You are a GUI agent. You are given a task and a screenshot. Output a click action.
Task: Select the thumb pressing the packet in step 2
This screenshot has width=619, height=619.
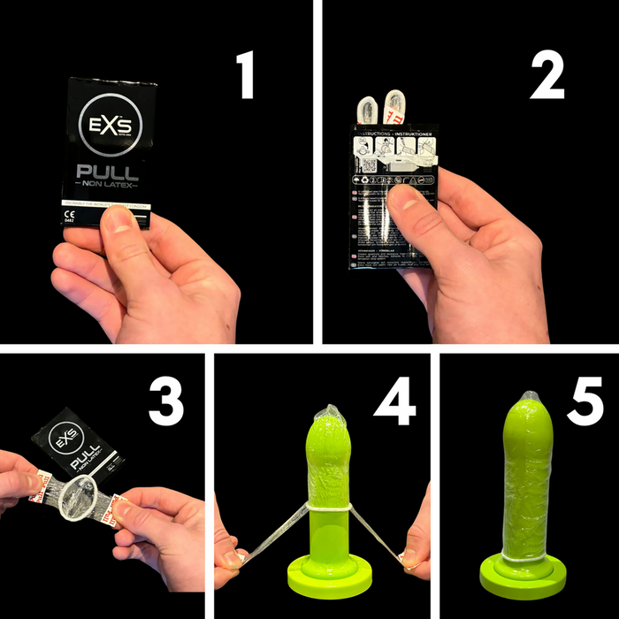point(409,196)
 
